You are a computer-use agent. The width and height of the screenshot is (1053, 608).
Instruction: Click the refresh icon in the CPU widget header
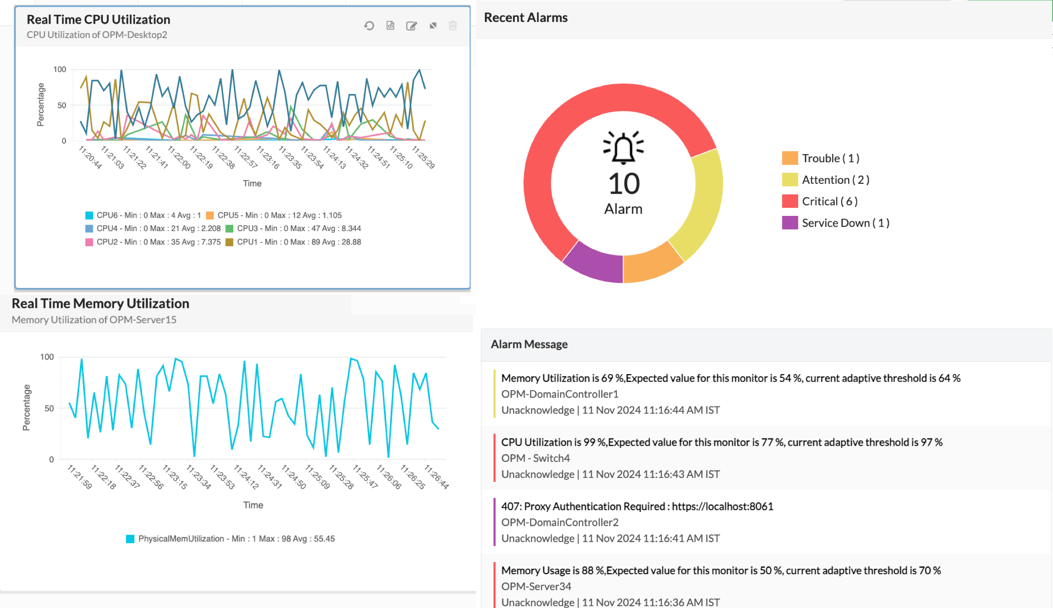[369, 26]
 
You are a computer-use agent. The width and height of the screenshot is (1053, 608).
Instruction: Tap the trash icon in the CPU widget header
[453, 26]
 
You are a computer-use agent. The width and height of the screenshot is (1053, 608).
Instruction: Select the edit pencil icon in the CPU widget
[411, 26]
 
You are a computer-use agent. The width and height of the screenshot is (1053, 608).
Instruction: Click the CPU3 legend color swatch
[229, 228]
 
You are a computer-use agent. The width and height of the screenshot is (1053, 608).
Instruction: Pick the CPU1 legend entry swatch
[229, 242]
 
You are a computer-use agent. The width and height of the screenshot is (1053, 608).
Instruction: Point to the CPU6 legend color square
[89, 215]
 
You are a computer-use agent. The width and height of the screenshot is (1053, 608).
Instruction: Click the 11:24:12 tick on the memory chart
[246, 477]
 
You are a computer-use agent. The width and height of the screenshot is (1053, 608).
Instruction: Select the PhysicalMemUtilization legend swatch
[130, 539]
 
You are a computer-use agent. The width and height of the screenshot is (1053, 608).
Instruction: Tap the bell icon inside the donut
[623, 148]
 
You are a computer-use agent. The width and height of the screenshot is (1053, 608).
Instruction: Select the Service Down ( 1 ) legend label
[845, 223]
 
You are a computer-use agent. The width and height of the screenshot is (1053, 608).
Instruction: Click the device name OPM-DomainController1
[560, 394]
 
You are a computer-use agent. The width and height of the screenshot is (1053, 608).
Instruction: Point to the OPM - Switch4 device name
[535, 458]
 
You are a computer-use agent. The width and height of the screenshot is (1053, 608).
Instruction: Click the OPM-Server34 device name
[536, 586]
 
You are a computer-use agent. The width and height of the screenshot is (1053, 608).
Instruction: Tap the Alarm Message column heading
[529, 344]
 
